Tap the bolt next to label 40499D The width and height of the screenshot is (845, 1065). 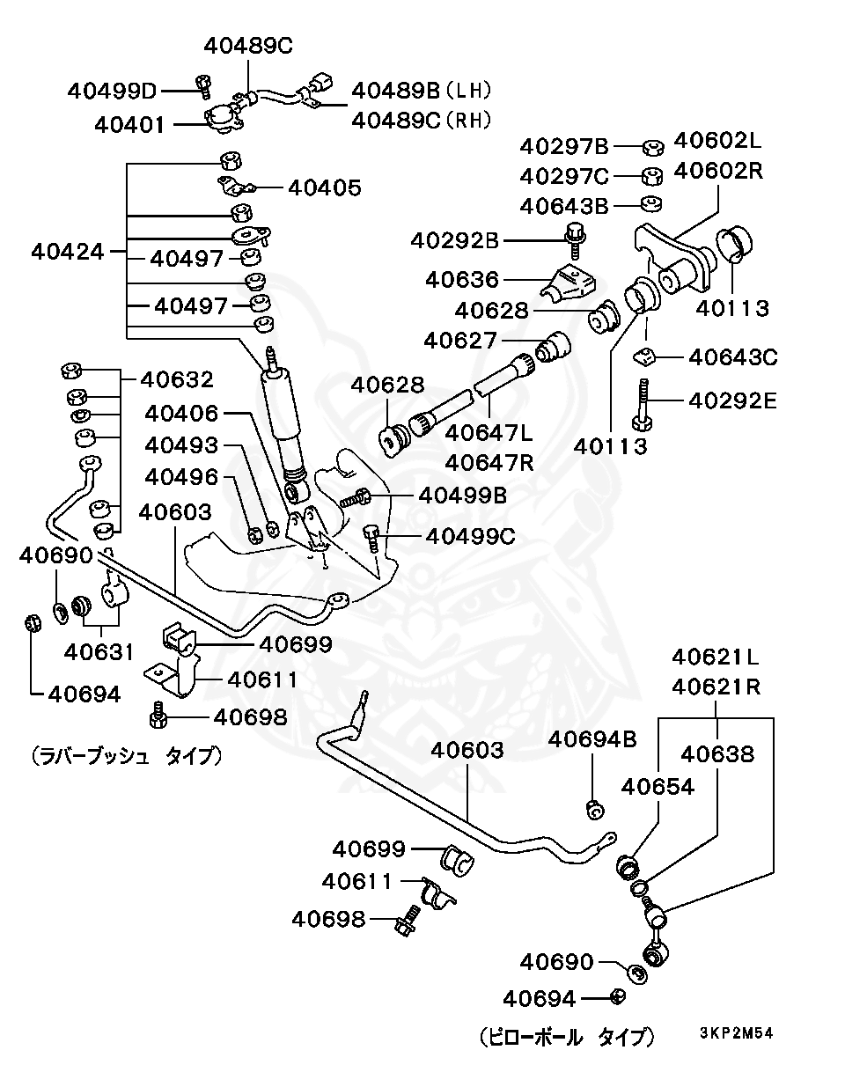click(204, 85)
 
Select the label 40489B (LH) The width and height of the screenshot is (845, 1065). click(421, 91)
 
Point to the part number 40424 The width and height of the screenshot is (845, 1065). click(67, 252)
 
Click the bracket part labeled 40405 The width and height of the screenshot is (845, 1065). click(236, 187)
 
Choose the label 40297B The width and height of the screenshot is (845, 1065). click(564, 147)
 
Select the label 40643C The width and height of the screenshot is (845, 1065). click(732, 356)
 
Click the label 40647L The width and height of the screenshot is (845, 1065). click(489, 433)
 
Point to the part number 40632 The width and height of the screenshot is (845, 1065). click(177, 379)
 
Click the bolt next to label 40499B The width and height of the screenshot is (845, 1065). click(360, 498)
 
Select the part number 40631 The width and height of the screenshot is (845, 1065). click(99, 651)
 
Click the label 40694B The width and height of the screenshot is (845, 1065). click(592, 738)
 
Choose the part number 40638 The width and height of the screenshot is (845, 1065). click(716, 754)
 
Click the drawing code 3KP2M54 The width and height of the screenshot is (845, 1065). click(736, 1032)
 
